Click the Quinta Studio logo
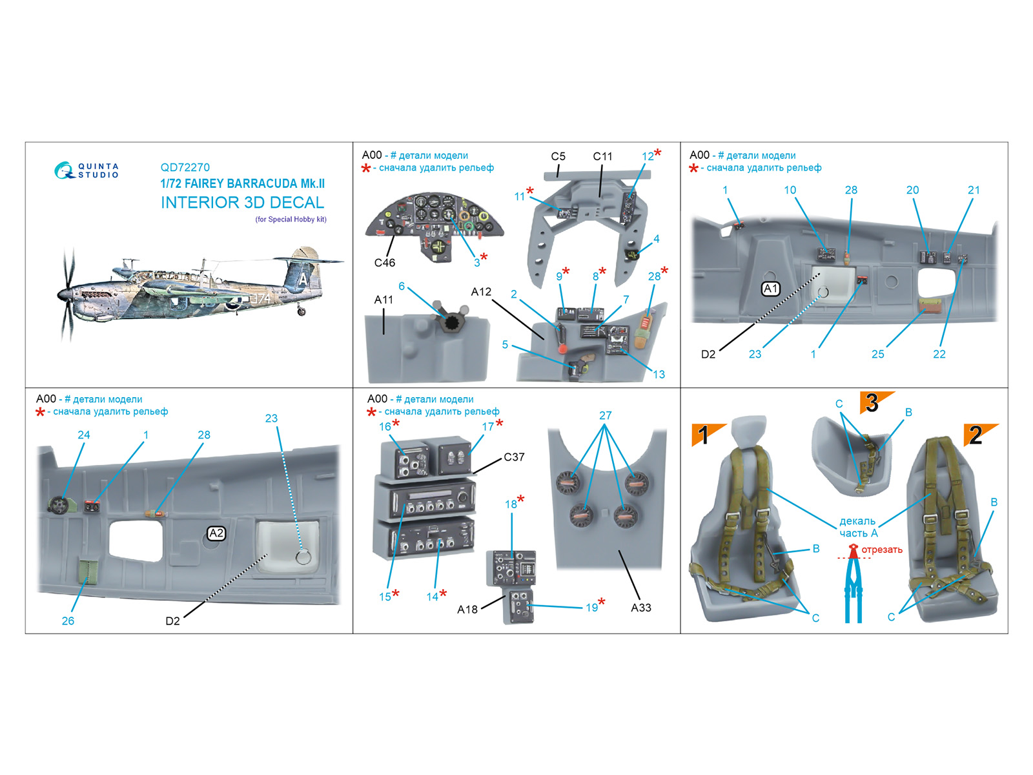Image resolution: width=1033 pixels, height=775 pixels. click(87, 170)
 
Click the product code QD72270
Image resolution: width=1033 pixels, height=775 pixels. click(185, 167)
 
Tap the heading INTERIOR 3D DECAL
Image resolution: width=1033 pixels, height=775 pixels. click(242, 203)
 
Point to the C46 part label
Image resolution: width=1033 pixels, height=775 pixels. click(384, 263)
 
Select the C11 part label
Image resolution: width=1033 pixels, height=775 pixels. click(602, 156)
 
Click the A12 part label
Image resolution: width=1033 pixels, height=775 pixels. click(481, 292)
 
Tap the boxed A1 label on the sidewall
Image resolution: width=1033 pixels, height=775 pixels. click(771, 289)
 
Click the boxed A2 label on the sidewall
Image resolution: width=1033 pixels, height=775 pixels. click(216, 533)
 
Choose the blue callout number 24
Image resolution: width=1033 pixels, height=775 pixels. click(84, 435)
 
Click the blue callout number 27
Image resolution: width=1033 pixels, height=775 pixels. click(605, 415)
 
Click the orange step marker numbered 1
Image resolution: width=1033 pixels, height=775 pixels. click(705, 435)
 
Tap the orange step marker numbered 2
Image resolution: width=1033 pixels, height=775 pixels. click(977, 435)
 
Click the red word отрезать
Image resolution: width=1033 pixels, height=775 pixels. click(882, 550)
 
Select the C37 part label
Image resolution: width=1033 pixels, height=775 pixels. click(514, 457)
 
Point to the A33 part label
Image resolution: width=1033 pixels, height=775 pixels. click(640, 608)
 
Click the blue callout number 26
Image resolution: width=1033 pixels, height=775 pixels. click(68, 621)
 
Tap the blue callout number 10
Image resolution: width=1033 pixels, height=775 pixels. click(790, 190)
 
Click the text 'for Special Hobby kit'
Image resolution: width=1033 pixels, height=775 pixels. click(291, 220)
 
